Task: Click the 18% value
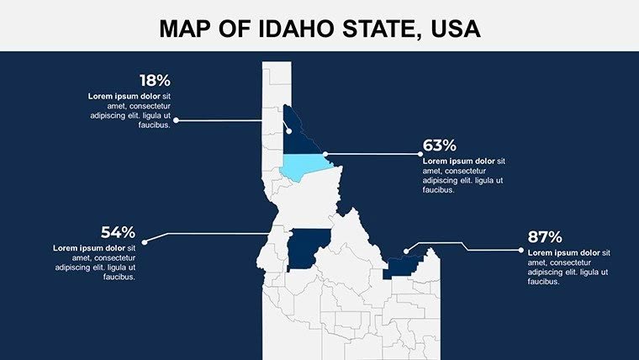[x=155, y=82]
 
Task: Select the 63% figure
[x=439, y=146]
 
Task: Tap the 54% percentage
[x=118, y=233]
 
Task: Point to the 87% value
[x=545, y=237]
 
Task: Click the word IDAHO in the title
[x=273, y=30]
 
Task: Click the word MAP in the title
[x=185, y=30]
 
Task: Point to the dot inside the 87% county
[x=406, y=251]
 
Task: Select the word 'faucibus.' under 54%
[x=120, y=277]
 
